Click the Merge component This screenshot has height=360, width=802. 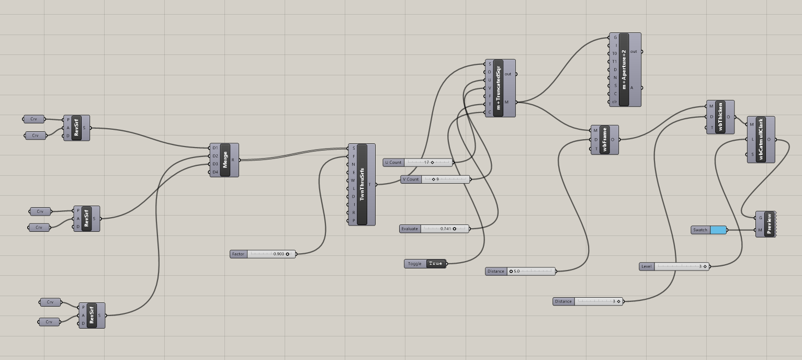(x=225, y=160)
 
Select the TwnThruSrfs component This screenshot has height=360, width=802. (x=362, y=185)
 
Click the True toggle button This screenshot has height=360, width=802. (x=435, y=264)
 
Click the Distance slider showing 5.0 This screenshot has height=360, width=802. (x=530, y=272)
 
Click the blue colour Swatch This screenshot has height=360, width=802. (x=718, y=230)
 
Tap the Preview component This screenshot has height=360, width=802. (x=769, y=224)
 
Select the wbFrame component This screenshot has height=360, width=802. (x=605, y=140)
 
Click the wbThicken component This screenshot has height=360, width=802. (x=720, y=117)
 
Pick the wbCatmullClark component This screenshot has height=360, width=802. (x=761, y=140)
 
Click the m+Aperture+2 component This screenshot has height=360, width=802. (x=624, y=70)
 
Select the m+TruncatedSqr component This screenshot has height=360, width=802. (x=498, y=88)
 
